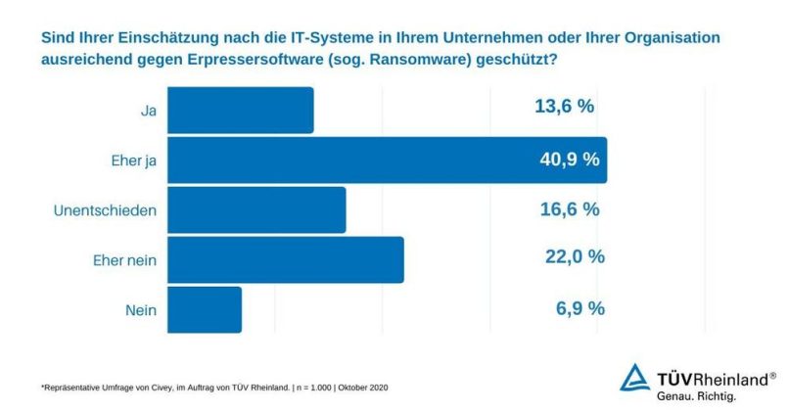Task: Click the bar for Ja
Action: tap(241, 110)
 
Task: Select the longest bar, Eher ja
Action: tap(388, 160)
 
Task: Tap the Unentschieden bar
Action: tap(257, 209)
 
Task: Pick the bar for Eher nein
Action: tap(286, 259)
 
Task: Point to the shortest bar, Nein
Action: tap(206, 308)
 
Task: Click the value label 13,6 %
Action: tap(564, 108)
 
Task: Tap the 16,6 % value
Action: tap(569, 208)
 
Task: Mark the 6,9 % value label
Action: tap(579, 307)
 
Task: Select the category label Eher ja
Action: tap(135, 160)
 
